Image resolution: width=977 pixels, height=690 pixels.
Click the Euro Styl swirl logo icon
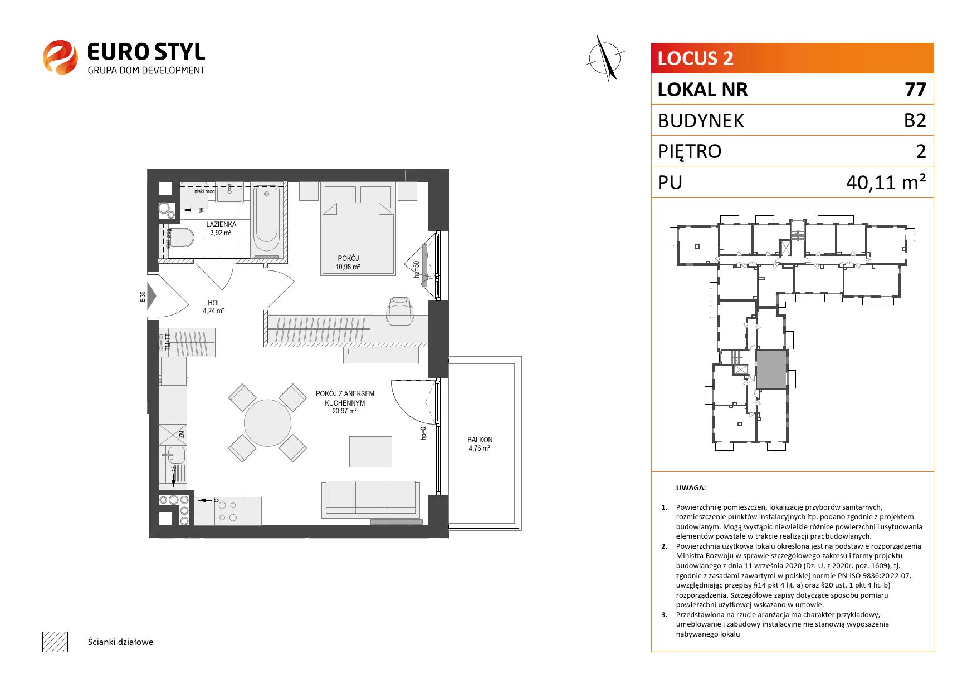[60, 57]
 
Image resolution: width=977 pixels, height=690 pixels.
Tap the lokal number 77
[916, 90]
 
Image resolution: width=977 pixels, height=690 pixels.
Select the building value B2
[915, 120]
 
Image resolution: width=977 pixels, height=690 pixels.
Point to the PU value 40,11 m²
[886, 182]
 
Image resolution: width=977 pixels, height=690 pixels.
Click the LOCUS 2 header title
[696, 58]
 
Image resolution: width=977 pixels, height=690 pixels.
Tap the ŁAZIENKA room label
[221, 224]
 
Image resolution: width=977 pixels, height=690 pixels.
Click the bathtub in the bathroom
[266, 220]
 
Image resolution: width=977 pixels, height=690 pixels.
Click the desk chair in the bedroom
[400, 310]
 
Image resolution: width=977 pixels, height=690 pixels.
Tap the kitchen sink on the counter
[176, 455]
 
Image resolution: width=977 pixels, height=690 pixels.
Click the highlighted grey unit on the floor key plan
[771, 369]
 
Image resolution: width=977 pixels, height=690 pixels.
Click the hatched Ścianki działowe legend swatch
[55, 642]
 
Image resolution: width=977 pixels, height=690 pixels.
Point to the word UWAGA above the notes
[690, 488]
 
